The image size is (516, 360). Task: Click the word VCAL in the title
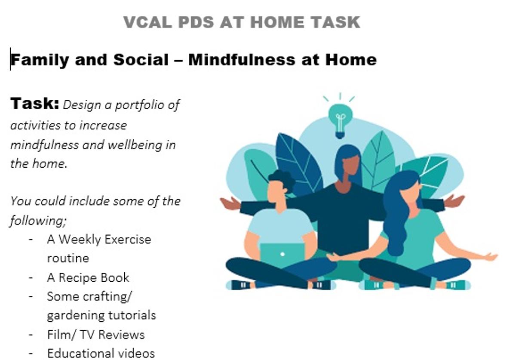[147, 22]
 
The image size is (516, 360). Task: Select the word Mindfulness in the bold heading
[242, 60]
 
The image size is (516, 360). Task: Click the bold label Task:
[34, 103]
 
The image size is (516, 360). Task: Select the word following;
[38, 221]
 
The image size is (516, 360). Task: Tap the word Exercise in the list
[128, 239]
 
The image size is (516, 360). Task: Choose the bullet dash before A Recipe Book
[31, 278]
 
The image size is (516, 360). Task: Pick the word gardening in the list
[76, 316]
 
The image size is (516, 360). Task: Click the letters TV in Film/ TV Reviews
[86, 335]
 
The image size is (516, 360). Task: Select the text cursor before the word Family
[10, 59]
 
